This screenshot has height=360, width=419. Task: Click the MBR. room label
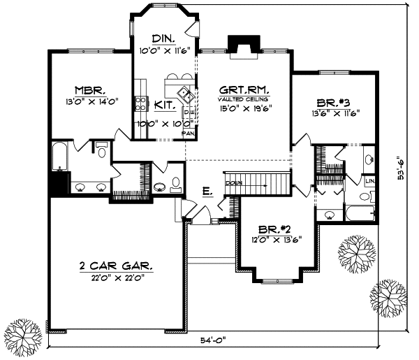[91, 89]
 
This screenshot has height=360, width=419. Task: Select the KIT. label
[165, 105]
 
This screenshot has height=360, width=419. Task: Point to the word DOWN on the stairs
[233, 183]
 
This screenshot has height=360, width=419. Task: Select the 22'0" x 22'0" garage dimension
[115, 278]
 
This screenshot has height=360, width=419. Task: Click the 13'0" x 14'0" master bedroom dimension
[91, 101]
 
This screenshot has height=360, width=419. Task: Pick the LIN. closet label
[370, 182]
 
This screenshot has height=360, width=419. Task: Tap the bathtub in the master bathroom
[58, 156]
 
